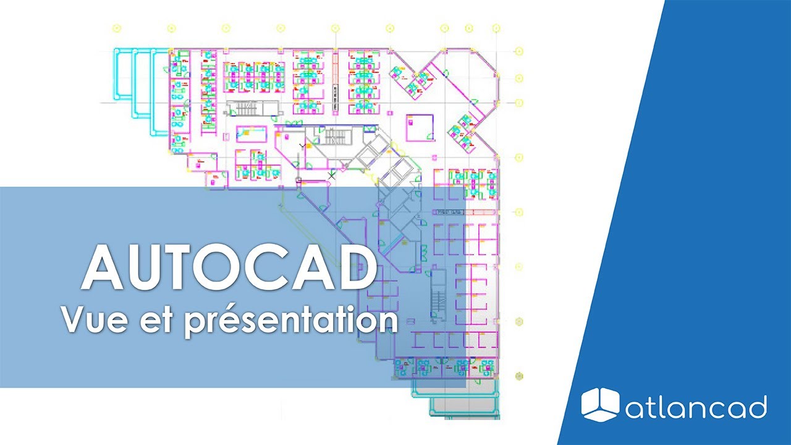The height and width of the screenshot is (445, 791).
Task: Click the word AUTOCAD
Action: pyautogui.click(x=229, y=269)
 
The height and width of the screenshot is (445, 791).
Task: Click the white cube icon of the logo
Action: pyautogui.click(x=600, y=405)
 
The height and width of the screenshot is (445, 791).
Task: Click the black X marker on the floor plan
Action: pyautogui.click(x=332, y=176)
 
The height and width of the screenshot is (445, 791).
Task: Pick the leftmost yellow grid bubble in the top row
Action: pyautogui.click(x=117, y=28)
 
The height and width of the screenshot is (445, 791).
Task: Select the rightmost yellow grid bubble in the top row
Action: pyautogui.click(x=496, y=28)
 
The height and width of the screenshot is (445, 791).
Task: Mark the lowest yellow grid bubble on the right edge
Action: pyautogui.click(x=520, y=375)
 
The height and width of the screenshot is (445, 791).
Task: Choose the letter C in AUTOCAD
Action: pyautogui.click(x=272, y=269)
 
